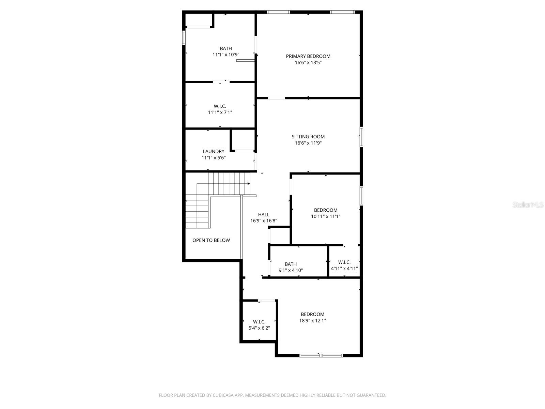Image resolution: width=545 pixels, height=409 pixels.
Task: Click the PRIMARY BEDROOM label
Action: coord(308,56)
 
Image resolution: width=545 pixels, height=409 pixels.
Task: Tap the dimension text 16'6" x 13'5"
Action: coord(308,63)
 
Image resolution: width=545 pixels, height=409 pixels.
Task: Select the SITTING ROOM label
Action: coord(308,137)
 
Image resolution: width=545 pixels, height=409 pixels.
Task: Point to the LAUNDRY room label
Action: coord(214,151)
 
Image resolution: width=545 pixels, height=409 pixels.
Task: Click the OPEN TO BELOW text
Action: coord(211,240)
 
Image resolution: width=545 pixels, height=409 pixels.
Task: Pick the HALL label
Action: coord(264,214)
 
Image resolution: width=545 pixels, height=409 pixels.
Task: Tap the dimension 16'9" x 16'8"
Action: coord(264,221)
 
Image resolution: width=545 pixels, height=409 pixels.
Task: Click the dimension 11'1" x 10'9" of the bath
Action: coord(226,55)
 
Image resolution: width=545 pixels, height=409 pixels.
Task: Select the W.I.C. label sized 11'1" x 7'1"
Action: coord(220,106)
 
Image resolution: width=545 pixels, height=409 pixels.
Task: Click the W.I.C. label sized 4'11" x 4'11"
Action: coord(344,262)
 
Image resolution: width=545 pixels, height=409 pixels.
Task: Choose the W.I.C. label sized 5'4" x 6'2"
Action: coord(259,322)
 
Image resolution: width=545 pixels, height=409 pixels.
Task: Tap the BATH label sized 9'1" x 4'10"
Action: coord(291,264)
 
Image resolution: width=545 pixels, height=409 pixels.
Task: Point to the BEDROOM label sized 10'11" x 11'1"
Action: coord(326,210)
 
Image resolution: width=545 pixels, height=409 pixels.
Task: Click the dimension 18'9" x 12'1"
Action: coord(312,321)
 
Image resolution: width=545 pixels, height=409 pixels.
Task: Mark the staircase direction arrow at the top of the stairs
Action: coord(249,184)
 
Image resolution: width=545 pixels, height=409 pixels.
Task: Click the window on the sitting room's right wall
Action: coord(361,137)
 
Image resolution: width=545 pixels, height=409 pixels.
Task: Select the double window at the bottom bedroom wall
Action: coord(321,355)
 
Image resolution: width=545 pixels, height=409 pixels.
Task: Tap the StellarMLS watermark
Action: coord(528,204)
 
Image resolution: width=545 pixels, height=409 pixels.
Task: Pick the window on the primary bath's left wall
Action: coord(184,38)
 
